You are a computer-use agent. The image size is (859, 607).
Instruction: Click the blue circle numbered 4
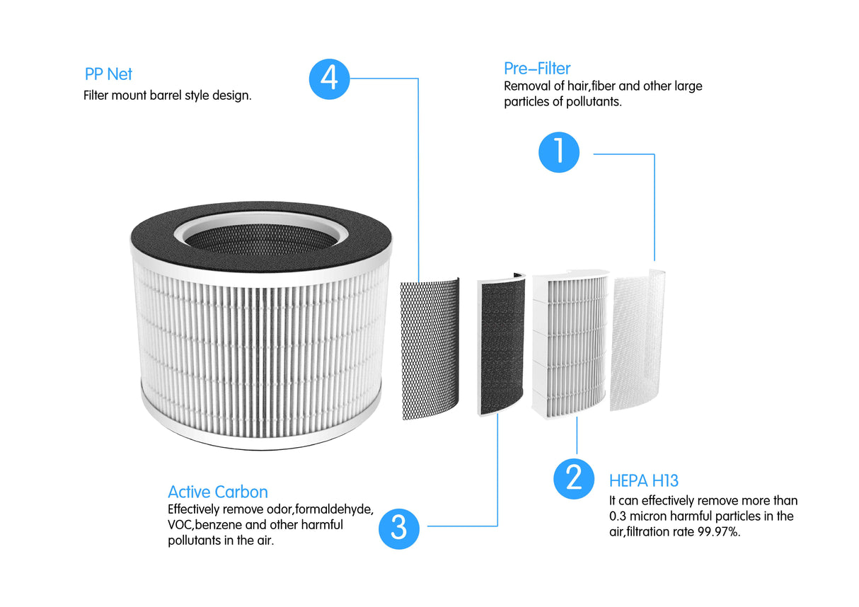click(x=329, y=78)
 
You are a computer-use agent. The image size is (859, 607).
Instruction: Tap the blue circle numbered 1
click(x=559, y=152)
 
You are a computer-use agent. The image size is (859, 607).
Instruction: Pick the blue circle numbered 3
click(x=399, y=528)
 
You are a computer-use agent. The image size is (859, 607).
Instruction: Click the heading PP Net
click(x=108, y=74)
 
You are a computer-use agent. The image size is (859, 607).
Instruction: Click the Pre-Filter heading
click(x=537, y=69)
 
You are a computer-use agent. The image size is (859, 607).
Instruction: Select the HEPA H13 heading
click(x=643, y=481)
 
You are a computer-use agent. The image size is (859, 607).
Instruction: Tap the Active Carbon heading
click(x=218, y=492)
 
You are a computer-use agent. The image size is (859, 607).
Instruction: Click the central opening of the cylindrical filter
click(x=260, y=237)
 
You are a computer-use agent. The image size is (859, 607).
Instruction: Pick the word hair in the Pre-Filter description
click(x=575, y=86)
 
